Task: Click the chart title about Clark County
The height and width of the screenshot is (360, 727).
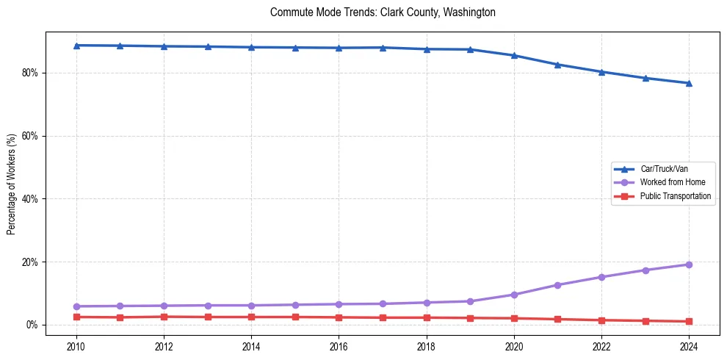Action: [x=383, y=12]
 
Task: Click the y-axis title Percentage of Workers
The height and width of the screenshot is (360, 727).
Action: [x=11, y=184]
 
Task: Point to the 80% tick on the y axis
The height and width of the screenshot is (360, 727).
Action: [x=31, y=73]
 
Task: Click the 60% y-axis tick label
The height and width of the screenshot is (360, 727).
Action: [x=31, y=136]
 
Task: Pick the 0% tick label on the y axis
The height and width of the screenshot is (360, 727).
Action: [x=33, y=325]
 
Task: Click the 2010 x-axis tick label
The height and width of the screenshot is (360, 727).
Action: [x=76, y=345]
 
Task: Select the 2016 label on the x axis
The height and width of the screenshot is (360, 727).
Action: [x=339, y=345]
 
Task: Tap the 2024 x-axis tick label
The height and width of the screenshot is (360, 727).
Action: [x=689, y=345]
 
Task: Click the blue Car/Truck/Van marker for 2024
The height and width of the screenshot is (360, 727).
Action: [x=689, y=83]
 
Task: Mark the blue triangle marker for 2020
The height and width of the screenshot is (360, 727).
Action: [x=514, y=55]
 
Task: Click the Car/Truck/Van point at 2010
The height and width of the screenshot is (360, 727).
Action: [x=76, y=46]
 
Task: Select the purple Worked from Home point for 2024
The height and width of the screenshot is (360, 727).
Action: [x=689, y=264]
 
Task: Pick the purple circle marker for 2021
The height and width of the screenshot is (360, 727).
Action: [x=557, y=285]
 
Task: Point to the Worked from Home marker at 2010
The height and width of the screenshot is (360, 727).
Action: [x=76, y=306]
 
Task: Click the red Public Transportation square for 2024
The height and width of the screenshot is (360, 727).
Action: [x=689, y=321]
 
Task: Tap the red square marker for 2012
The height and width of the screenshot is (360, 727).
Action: [x=164, y=317]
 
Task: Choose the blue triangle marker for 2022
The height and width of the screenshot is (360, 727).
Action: [x=601, y=72]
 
